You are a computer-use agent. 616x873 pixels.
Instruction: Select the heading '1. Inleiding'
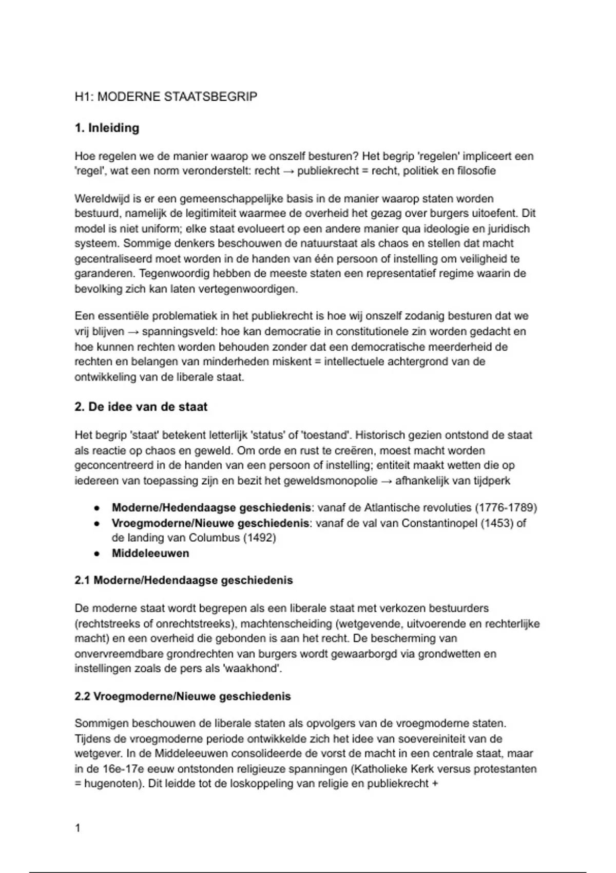107,128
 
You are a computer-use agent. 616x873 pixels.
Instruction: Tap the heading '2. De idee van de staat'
141,407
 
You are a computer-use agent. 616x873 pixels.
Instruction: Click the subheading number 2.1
82,580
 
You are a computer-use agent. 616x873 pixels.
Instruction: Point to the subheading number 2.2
82,696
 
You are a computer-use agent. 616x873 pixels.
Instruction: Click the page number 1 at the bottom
78,828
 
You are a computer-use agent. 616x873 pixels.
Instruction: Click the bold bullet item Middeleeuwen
150,553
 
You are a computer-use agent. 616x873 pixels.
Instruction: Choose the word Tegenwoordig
171,274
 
